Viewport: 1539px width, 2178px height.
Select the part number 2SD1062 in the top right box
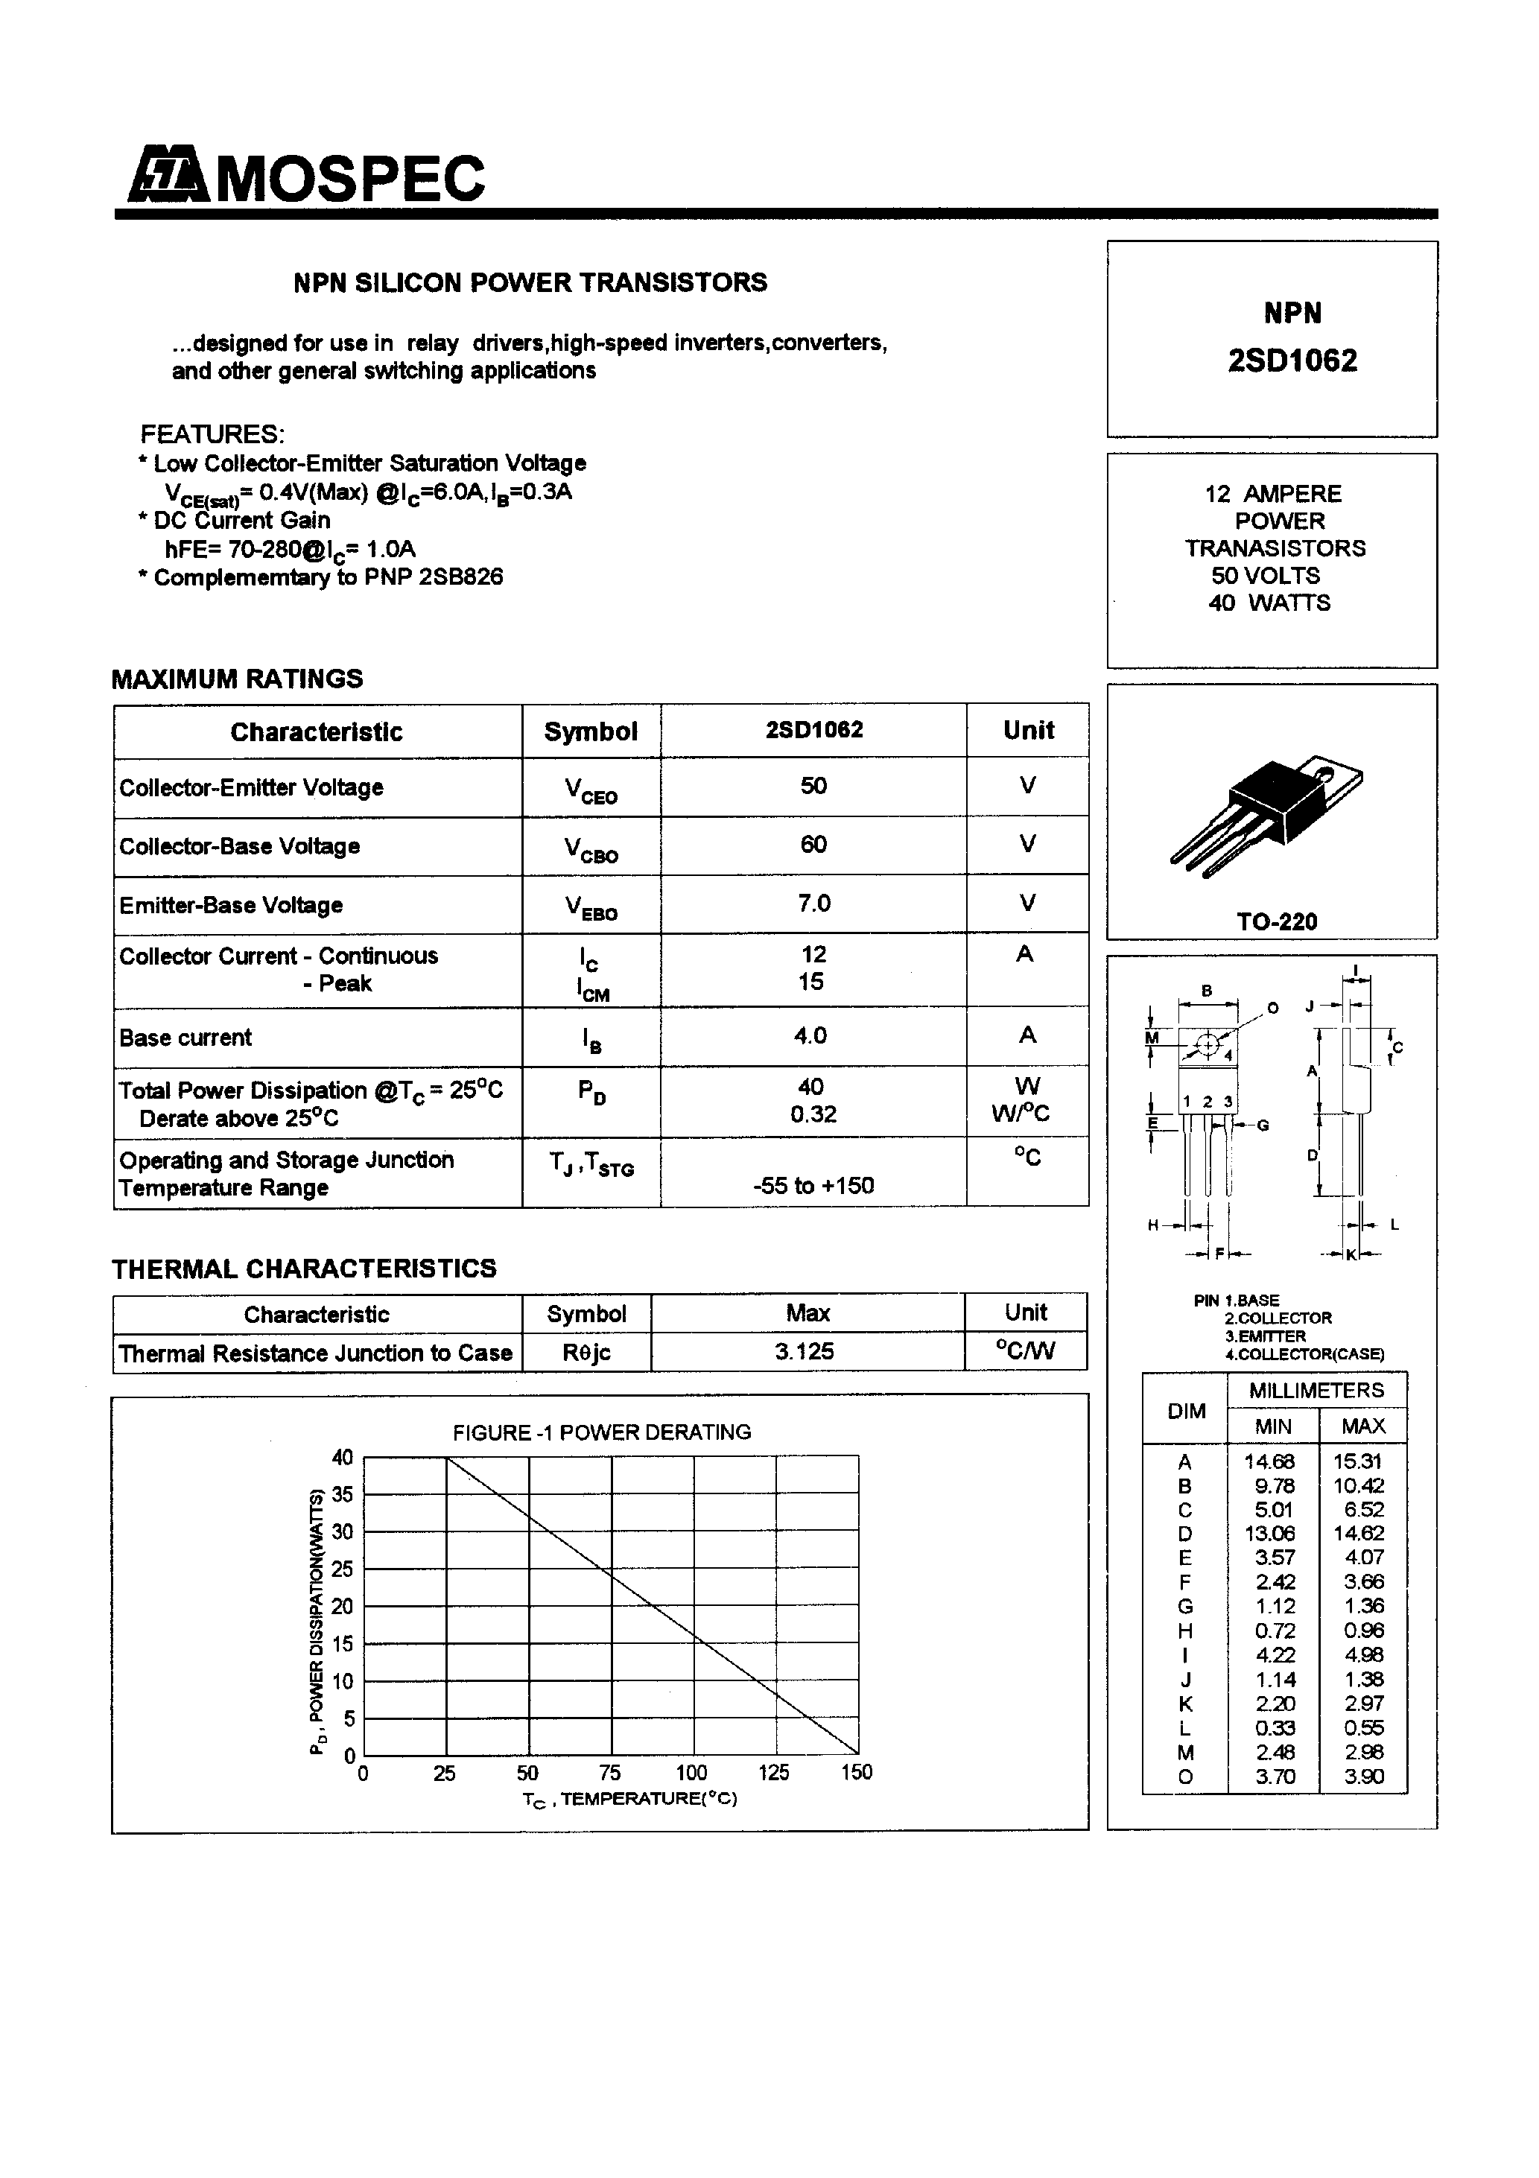pos(1292,361)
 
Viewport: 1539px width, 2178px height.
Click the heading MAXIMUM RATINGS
pos(237,679)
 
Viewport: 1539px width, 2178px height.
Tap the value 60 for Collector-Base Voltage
pos(813,844)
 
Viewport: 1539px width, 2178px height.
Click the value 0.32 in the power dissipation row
pos(813,1114)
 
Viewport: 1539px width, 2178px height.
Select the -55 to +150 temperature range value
pos(813,1185)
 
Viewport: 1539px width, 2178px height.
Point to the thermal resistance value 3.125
pos(805,1350)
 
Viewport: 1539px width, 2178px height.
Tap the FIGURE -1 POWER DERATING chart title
pos(602,1432)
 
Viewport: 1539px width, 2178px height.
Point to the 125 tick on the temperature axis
pos(774,1772)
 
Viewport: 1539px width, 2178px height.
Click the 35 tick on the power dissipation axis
pos(343,1494)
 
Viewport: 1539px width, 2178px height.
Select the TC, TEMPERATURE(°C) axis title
pos(629,1799)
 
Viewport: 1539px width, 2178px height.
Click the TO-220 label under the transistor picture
pos(1276,921)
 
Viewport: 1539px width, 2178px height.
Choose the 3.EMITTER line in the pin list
pos(1265,1336)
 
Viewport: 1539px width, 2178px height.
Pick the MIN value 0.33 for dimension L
pos(1275,1727)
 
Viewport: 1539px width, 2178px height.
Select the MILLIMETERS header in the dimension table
pos(1316,1391)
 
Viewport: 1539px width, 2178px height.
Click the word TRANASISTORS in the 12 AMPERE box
pos(1275,548)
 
